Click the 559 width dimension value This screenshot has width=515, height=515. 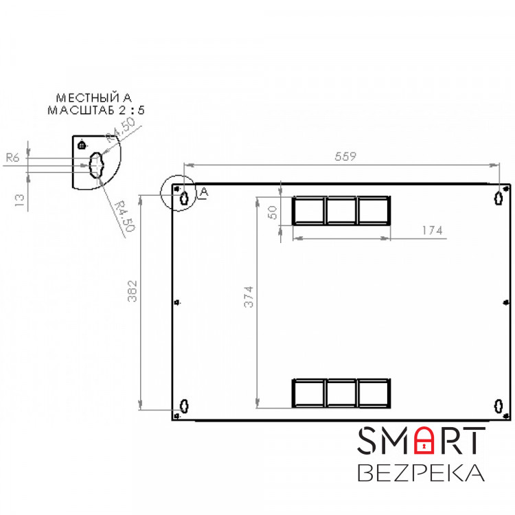pos(345,157)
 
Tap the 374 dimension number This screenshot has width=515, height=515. pos(250,297)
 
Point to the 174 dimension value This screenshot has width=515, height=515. pos(432,231)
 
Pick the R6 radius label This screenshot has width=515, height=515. pos(12,157)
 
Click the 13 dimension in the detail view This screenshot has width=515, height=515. pos(20,200)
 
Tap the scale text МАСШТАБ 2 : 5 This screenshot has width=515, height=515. pos(96,110)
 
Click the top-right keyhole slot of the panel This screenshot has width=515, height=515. pos(499,197)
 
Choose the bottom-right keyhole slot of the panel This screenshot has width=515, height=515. pos(499,405)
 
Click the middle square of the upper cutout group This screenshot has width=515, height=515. pos(341,211)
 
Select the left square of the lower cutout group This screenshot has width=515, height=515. pos(309,393)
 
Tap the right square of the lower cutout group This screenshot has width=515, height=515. pos(374,393)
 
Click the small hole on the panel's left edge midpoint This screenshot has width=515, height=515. pos(178,302)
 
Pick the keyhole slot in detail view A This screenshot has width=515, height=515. pos(95,163)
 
